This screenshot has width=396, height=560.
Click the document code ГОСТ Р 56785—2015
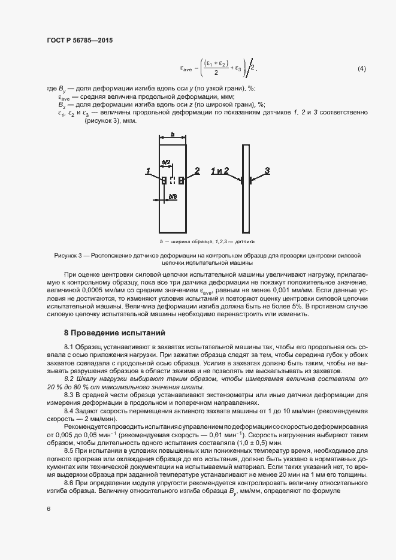pyautogui.click(x=79, y=40)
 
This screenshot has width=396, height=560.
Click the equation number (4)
pyautogui.click(x=361, y=69)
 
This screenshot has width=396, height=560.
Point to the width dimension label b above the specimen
pyautogui.click(x=173, y=135)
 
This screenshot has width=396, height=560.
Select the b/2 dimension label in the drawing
pyautogui.click(x=167, y=162)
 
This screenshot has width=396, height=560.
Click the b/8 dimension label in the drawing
pyautogui.click(x=173, y=196)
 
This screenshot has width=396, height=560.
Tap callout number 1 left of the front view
pyautogui.click(x=147, y=171)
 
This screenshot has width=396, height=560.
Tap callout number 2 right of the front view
pyautogui.click(x=197, y=171)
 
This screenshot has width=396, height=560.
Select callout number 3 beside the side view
pyautogui.click(x=267, y=171)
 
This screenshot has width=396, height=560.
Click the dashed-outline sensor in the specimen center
pyautogui.click(x=173, y=180)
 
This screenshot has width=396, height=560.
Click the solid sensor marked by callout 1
pyautogui.click(x=164, y=180)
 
